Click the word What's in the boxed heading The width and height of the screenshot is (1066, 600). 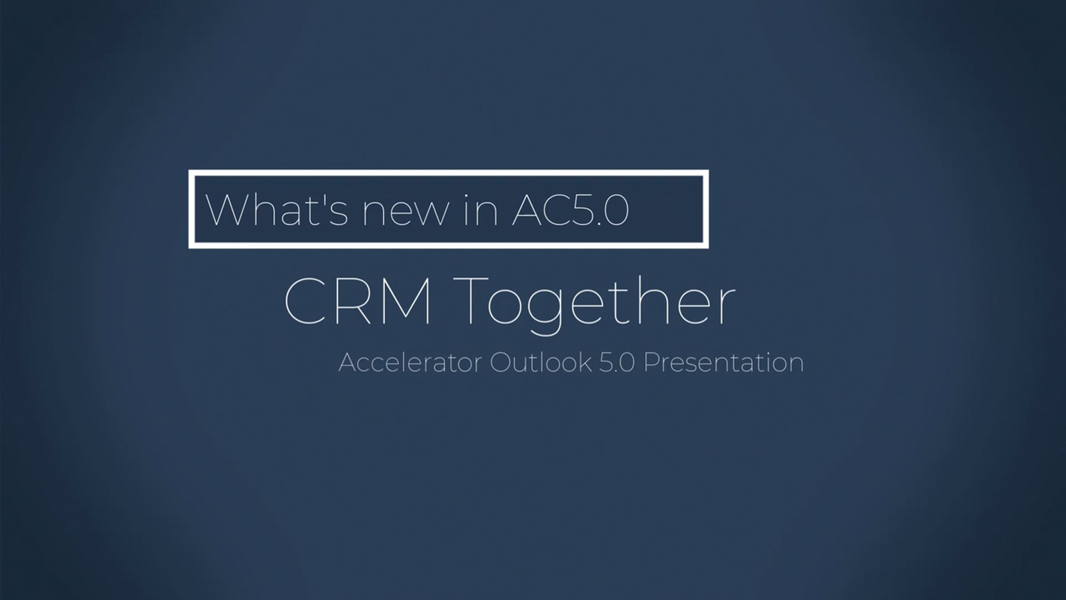pos(276,209)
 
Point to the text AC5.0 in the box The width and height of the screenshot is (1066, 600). pos(570,210)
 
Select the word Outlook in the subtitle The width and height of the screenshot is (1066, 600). pos(541,362)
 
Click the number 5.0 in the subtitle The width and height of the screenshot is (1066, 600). pos(617,363)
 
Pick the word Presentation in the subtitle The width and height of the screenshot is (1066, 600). pos(724,363)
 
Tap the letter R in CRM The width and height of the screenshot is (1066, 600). pos(354,302)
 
